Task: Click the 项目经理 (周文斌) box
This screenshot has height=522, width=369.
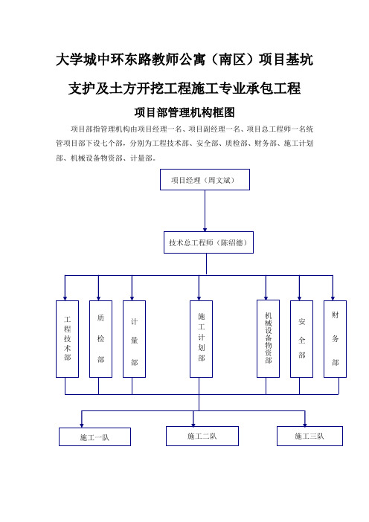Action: tap(205, 180)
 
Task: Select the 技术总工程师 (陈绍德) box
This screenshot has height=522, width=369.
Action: tap(208, 242)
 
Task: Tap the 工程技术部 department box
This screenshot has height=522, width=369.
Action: tap(67, 339)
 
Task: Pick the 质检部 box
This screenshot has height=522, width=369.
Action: tap(101, 339)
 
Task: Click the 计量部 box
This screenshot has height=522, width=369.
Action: tap(134, 339)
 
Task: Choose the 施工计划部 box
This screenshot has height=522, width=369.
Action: tap(201, 339)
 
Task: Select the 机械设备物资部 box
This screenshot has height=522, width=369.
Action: tap(268, 338)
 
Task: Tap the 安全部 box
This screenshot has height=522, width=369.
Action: tap(302, 339)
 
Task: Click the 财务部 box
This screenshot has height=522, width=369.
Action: tap(335, 339)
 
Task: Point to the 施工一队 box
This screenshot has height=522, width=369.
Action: tap(95, 436)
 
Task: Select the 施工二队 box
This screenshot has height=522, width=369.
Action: tap(202, 436)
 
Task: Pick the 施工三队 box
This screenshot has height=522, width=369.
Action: tap(309, 436)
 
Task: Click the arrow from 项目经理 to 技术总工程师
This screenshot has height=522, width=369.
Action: tap(205, 210)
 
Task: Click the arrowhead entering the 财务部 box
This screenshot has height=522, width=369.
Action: tap(333, 298)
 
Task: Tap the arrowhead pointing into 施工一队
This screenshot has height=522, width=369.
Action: tap(82, 425)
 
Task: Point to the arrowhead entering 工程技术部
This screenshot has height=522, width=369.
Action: tap(65, 298)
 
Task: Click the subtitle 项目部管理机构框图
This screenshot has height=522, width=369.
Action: tap(184, 112)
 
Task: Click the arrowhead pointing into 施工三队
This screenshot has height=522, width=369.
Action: tap(305, 425)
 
